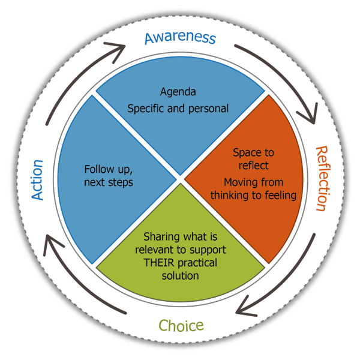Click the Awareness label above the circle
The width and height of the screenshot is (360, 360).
point(180,38)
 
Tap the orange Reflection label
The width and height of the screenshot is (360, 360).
point(321,178)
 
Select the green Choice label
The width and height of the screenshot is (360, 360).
point(181,325)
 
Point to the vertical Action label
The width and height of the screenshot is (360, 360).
point(37,180)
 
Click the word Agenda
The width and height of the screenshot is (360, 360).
point(178,92)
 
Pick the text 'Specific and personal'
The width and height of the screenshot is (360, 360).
point(178,109)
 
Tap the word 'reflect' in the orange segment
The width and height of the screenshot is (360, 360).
point(253,165)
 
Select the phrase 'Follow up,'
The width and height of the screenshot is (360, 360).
point(108,169)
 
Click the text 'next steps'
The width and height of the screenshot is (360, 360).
point(108,182)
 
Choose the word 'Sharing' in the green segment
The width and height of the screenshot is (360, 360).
point(162,237)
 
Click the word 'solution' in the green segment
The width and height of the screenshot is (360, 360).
point(180,275)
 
